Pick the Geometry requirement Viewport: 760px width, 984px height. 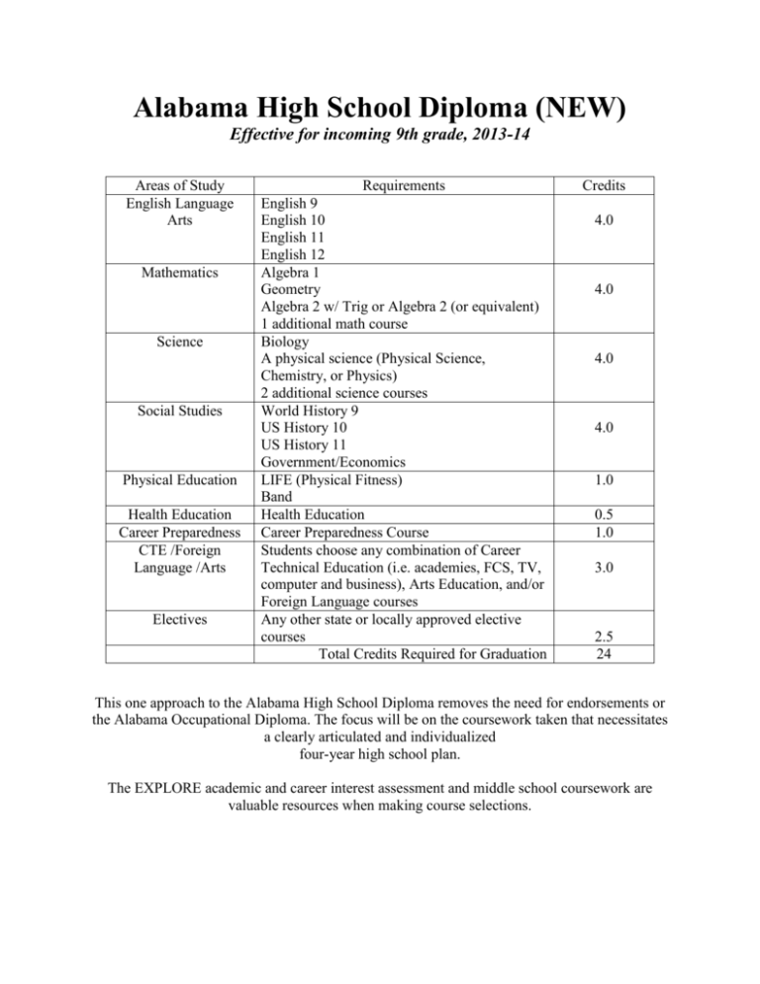(x=291, y=291)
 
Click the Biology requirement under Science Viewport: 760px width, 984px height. (x=286, y=344)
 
